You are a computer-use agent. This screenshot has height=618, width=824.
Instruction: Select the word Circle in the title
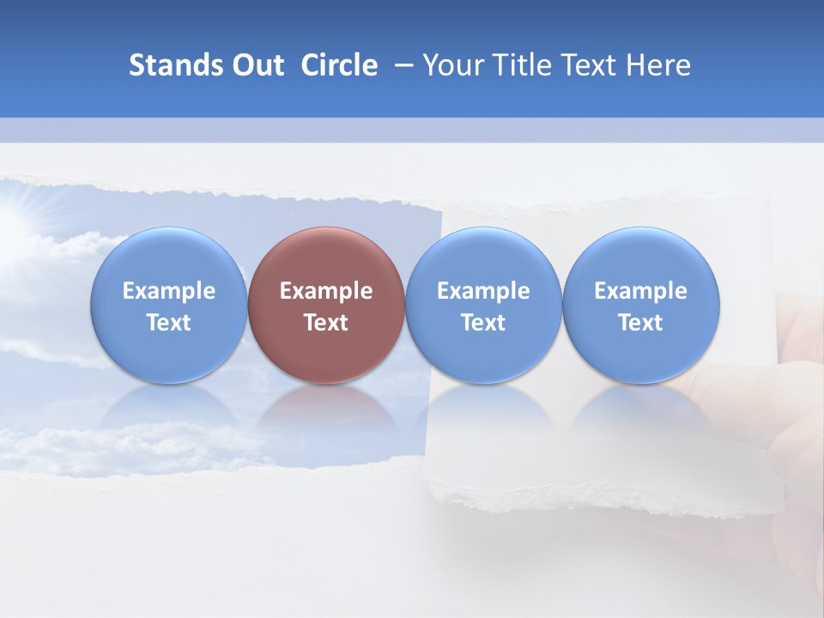[x=339, y=65]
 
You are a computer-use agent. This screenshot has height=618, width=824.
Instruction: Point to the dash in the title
[x=400, y=65]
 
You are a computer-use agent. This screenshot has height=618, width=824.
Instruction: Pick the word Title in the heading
[x=518, y=65]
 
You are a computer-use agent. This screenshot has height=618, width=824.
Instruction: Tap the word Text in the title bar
[x=591, y=65]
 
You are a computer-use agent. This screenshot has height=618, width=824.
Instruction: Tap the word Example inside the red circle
[x=326, y=291]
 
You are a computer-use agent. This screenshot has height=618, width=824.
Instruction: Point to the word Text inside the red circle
[x=326, y=323]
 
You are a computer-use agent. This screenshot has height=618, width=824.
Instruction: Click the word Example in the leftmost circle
[x=168, y=291]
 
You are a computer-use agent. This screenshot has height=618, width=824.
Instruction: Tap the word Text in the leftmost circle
[x=168, y=323]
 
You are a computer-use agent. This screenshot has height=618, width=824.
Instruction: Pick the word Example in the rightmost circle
[x=641, y=291]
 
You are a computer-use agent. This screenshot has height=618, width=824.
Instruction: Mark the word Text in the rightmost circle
[x=641, y=323]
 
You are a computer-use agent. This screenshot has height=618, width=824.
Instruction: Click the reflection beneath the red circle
[x=326, y=412]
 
